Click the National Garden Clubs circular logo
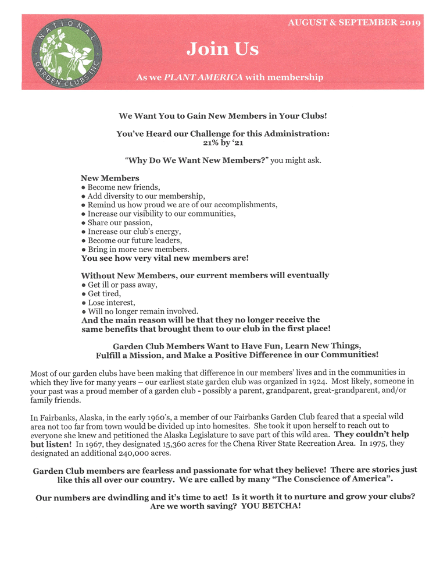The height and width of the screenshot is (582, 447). pos(66,51)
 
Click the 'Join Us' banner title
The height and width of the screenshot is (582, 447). pos(223,49)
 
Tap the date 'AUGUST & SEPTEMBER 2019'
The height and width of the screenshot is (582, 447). pos(355,23)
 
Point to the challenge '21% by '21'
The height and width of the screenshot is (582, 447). pos(223,142)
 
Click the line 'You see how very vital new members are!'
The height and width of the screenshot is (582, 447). pos(165,257)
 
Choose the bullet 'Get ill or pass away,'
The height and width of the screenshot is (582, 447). pos(122,285)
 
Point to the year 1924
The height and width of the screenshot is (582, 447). pos(316,382)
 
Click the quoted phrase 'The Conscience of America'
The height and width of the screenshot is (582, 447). pos(328,480)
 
